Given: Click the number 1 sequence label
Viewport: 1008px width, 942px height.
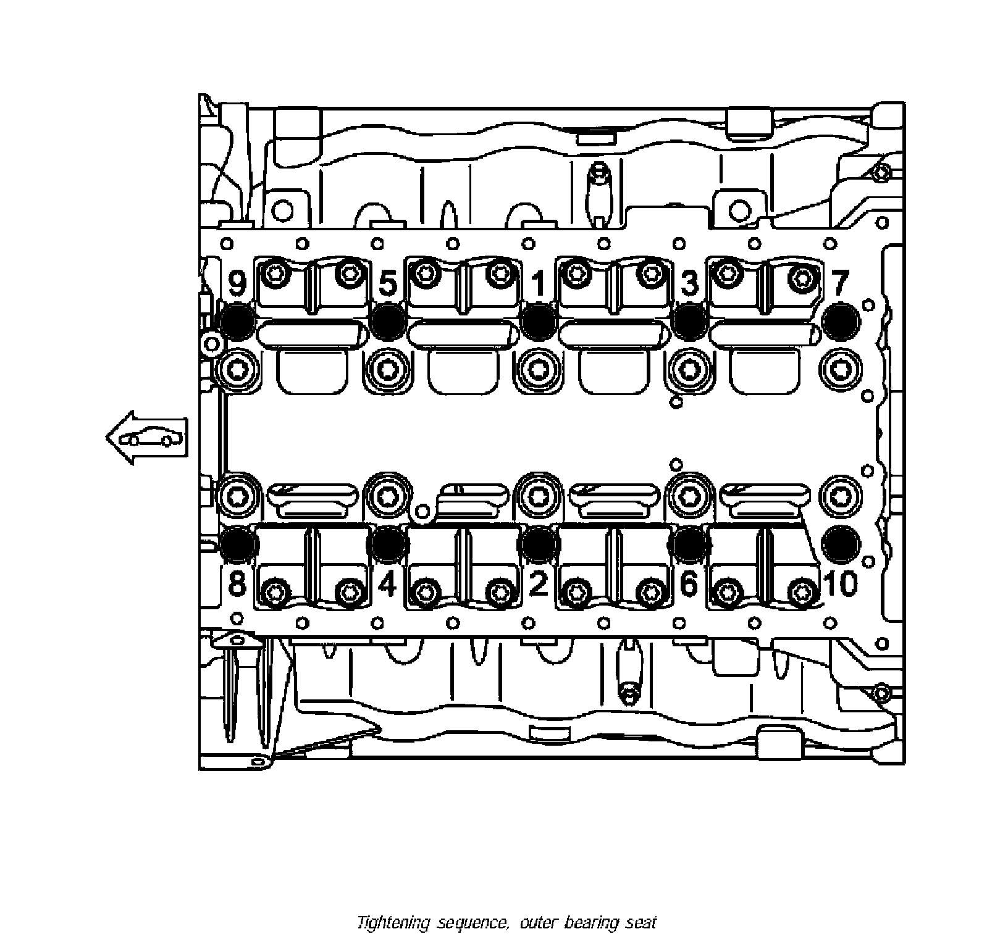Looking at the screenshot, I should pyautogui.click(x=539, y=285).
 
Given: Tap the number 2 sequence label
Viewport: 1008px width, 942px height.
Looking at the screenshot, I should pyautogui.click(x=539, y=583).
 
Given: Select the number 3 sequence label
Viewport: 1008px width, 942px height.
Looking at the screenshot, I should pyautogui.click(x=689, y=284).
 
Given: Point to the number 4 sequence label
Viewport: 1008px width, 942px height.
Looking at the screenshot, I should pyautogui.click(x=387, y=583).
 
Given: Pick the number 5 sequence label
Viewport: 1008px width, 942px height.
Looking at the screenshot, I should pyautogui.click(x=387, y=284).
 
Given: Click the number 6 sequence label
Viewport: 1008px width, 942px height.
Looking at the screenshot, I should pyautogui.click(x=689, y=583).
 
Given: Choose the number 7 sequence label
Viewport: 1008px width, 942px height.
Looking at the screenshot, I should pyautogui.click(x=839, y=284).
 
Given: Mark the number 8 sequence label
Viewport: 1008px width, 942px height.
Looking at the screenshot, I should pyautogui.click(x=237, y=583).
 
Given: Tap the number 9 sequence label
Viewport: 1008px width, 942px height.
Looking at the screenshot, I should pyautogui.click(x=237, y=284).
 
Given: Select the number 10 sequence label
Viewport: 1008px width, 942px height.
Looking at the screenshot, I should pyautogui.click(x=841, y=583).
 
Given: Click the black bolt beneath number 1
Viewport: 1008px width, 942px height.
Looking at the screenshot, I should pyautogui.click(x=539, y=321).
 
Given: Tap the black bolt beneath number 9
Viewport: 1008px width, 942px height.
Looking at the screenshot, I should pyautogui.click(x=237, y=322).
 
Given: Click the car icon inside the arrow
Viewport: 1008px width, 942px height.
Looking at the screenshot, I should pyautogui.click(x=151, y=438).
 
